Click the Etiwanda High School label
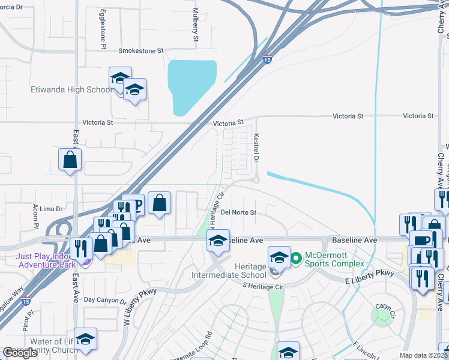coord(71,90)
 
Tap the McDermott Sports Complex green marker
coord(296,259)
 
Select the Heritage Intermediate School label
coord(228,271)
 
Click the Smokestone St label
coord(141,51)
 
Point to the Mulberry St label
coord(196,25)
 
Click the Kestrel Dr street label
coord(256,148)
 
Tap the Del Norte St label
coord(238,212)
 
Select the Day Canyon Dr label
coord(104,300)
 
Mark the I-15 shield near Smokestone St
coord(267,59)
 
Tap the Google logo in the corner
coord(20,353)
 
